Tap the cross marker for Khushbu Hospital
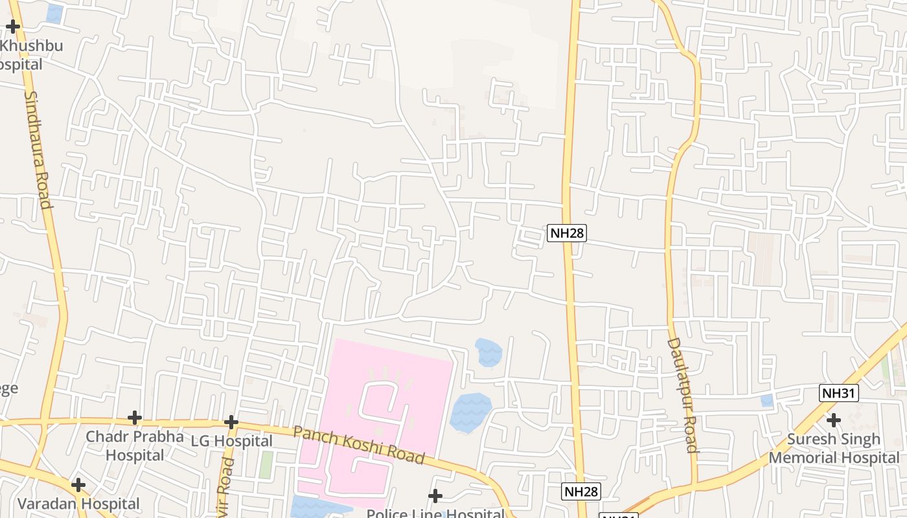click(13, 27)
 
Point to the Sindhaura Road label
click(38, 149)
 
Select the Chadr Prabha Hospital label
click(135, 445)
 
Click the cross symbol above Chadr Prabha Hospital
click(135, 418)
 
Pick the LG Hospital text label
click(231, 441)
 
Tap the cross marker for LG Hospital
click(231, 422)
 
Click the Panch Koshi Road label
click(360, 445)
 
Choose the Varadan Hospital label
click(78, 504)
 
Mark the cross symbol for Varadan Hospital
click(78, 484)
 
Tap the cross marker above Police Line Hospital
click(435, 496)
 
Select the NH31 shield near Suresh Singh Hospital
click(839, 393)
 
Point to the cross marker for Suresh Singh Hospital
click(834, 420)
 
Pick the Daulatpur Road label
click(682, 394)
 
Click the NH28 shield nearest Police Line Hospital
click(580, 491)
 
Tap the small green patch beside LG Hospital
click(266, 465)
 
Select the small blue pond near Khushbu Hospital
click(54, 14)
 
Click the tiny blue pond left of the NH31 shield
click(767, 400)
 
